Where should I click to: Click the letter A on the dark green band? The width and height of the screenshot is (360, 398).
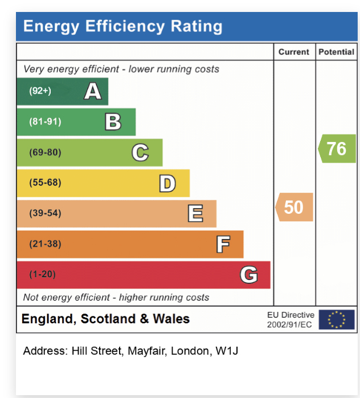click(x=93, y=91)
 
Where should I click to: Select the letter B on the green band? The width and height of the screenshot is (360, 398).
click(x=113, y=121)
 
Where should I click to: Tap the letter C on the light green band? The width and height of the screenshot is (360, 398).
click(x=140, y=152)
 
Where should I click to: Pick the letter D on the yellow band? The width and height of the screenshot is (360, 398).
click(x=167, y=183)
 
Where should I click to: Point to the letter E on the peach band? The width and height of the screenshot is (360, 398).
click(x=195, y=213)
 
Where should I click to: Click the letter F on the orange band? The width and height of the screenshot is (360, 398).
click(x=223, y=244)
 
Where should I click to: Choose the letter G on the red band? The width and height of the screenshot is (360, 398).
click(x=249, y=275)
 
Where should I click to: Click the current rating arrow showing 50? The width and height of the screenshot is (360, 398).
click(x=294, y=206)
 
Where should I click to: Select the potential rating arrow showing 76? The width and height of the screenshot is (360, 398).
click(x=337, y=148)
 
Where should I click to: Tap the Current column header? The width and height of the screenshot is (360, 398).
click(x=294, y=52)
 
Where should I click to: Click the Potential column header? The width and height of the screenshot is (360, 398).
click(x=336, y=52)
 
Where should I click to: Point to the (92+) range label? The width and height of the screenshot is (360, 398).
click(x=40, y=91)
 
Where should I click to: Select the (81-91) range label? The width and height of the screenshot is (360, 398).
click(x=45, y=121)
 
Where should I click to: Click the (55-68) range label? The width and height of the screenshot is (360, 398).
click(x=45, y=182)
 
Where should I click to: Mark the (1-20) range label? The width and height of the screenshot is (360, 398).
click(x=42, y=274)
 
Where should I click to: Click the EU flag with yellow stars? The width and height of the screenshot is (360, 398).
click(x=336, y=319)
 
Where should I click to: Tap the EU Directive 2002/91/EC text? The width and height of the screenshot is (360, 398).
click(x=291, y=319)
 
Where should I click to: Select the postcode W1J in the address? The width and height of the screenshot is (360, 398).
click(x=227, y=351)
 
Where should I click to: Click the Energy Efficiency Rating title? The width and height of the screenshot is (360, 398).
click(x=122, y=26)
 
